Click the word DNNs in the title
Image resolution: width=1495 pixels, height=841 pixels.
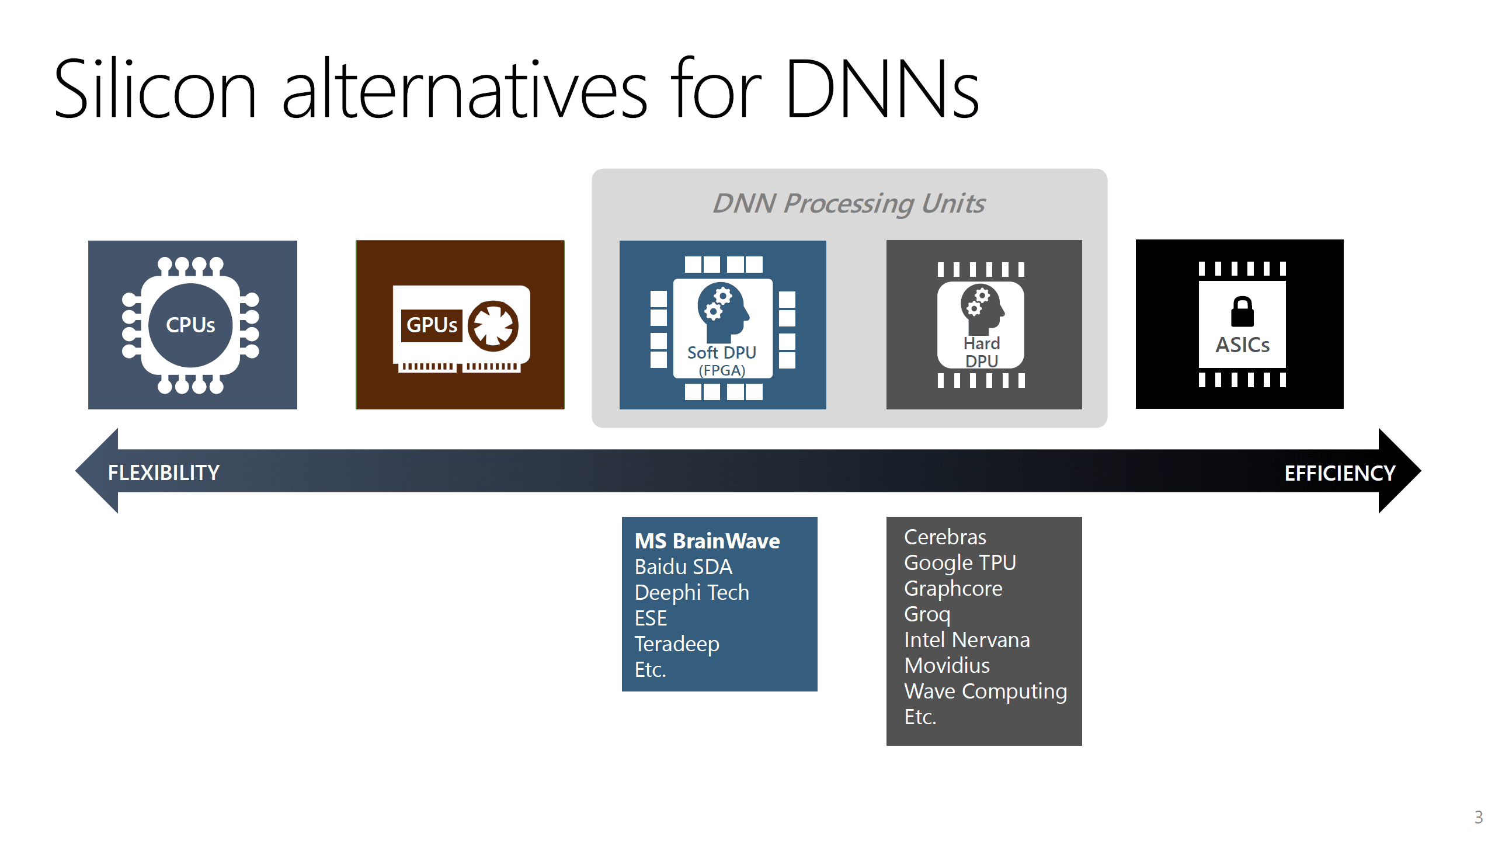click(x=882, y=89)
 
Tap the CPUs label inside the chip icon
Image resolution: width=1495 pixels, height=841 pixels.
click(x=190, y=325)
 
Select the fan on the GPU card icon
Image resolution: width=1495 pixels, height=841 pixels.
click(x=493, y=326)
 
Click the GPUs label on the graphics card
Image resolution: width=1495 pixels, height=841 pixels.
click(x=432, y=325)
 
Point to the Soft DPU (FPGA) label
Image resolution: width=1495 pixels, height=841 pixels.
click(x=722, y=361)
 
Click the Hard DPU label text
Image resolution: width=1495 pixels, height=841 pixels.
click(x=982, y=352)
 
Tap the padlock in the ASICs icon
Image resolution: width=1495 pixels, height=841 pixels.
click(x=1242, y=311)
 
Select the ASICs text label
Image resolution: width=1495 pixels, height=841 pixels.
click(x=1242, y=345)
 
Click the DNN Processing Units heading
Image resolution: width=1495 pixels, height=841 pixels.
click(x=849, y=204)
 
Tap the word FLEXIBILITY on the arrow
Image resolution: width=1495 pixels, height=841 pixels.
click(x=164, y=472)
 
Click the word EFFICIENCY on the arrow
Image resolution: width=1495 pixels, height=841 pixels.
click(x=1340, y=473)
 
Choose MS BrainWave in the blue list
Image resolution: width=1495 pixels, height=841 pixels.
click(x=707, y=541)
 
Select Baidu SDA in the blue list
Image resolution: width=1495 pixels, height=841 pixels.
click(x=683, y=567)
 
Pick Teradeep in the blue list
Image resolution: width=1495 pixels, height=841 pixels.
click(x=677, y=644)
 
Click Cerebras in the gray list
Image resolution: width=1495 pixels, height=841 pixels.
click(x=945, y=537)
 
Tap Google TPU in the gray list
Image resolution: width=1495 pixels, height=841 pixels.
click(x=960, y=563)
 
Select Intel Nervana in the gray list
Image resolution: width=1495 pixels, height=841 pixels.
click(x=967, y=640)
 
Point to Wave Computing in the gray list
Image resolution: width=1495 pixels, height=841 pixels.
click(x=986, y=691)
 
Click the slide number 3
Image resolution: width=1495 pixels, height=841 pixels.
click(x=1478, y=816)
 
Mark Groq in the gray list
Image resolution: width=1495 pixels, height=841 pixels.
click(x=927, y=614)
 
